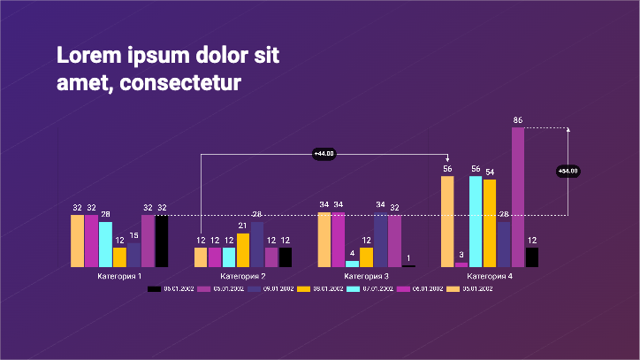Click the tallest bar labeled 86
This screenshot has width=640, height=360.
pyautogui.click(x=518, y=196)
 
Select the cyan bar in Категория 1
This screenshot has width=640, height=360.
pyautogui.click(x=106, y=244)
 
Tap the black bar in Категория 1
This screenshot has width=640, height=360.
pyautogui.click(x=162, y=241)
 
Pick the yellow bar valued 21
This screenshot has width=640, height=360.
pyautogui.click(x=243, y=250)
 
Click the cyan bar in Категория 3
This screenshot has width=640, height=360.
pyautogui.click(x=353, y=264)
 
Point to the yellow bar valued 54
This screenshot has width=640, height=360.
pyautogui.click(x=490, y=223)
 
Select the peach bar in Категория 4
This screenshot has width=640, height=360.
pyautogui.click(x=447, y=221)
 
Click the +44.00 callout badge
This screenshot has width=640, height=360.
pyautogui.click(x=324, y=154)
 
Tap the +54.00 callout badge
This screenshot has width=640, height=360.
pyautogui.click(x=568, y=171)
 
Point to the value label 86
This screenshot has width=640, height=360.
pyautogui.click(x=518, y=120)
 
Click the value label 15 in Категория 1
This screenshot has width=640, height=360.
pyautogui.click(x=134, y=235)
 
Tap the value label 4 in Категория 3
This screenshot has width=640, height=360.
pyautogui.click(x=353, y=253)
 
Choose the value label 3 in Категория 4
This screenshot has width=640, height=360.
pyautogui.click(x=461, y=255)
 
